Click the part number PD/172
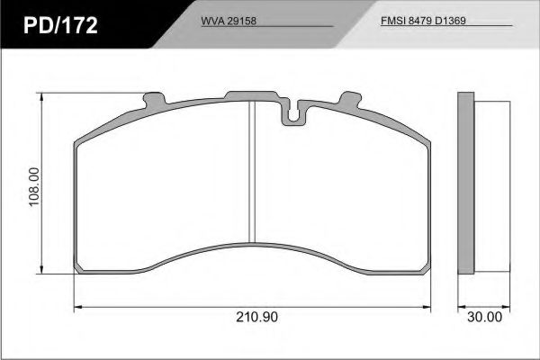point(60,25)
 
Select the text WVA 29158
point(229,21)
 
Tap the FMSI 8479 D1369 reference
point(423,21)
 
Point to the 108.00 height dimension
point(34,187)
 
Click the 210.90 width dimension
point(256,318)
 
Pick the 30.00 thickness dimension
point(484,318)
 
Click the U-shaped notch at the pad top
point(292,113)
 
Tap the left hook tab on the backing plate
point(154,99)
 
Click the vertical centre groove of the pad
point(252,171)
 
